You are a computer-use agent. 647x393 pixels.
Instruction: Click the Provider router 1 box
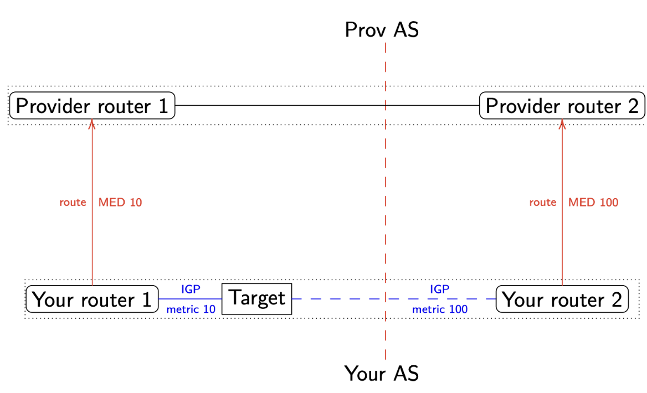(x=93, y=106)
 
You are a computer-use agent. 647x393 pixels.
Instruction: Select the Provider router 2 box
(x=562, y=106)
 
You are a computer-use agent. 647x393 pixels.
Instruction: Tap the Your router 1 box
(x=93, y=299)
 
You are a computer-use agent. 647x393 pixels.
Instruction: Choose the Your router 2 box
(x=562, y=299)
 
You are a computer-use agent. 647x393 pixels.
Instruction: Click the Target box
(x=256, y=299)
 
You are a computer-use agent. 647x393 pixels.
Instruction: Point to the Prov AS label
(x=382, y=30)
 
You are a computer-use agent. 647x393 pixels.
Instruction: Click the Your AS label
(x=382, y=374)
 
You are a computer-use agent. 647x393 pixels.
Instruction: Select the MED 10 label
(x=120, y=203)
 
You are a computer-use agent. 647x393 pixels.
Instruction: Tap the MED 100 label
(x=593, y=203)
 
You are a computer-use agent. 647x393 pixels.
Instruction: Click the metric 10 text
(x=191, y=309)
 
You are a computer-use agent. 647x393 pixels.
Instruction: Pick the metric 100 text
(x=440, y=309)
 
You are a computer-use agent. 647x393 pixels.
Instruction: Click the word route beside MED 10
(x=73, y=203)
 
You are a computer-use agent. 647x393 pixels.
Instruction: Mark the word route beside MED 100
(x=542, y=203)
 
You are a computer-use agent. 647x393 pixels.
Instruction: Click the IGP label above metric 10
(x=191, y=289)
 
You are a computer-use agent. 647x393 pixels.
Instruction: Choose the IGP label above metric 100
(x=439, y=289)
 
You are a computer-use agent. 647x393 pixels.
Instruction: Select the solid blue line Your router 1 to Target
(x=191, y=299)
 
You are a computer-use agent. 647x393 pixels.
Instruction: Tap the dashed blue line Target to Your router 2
(x=343, y=299)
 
